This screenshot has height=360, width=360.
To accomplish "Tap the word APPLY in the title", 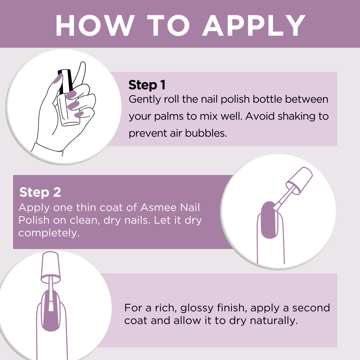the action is pos(254,25).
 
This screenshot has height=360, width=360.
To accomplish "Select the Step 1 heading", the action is pos(147,85).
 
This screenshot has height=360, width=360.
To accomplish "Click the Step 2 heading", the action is pos(40,192).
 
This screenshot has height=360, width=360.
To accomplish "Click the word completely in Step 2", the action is pos(49,233).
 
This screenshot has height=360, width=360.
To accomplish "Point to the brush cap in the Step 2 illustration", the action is pos(299,181).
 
